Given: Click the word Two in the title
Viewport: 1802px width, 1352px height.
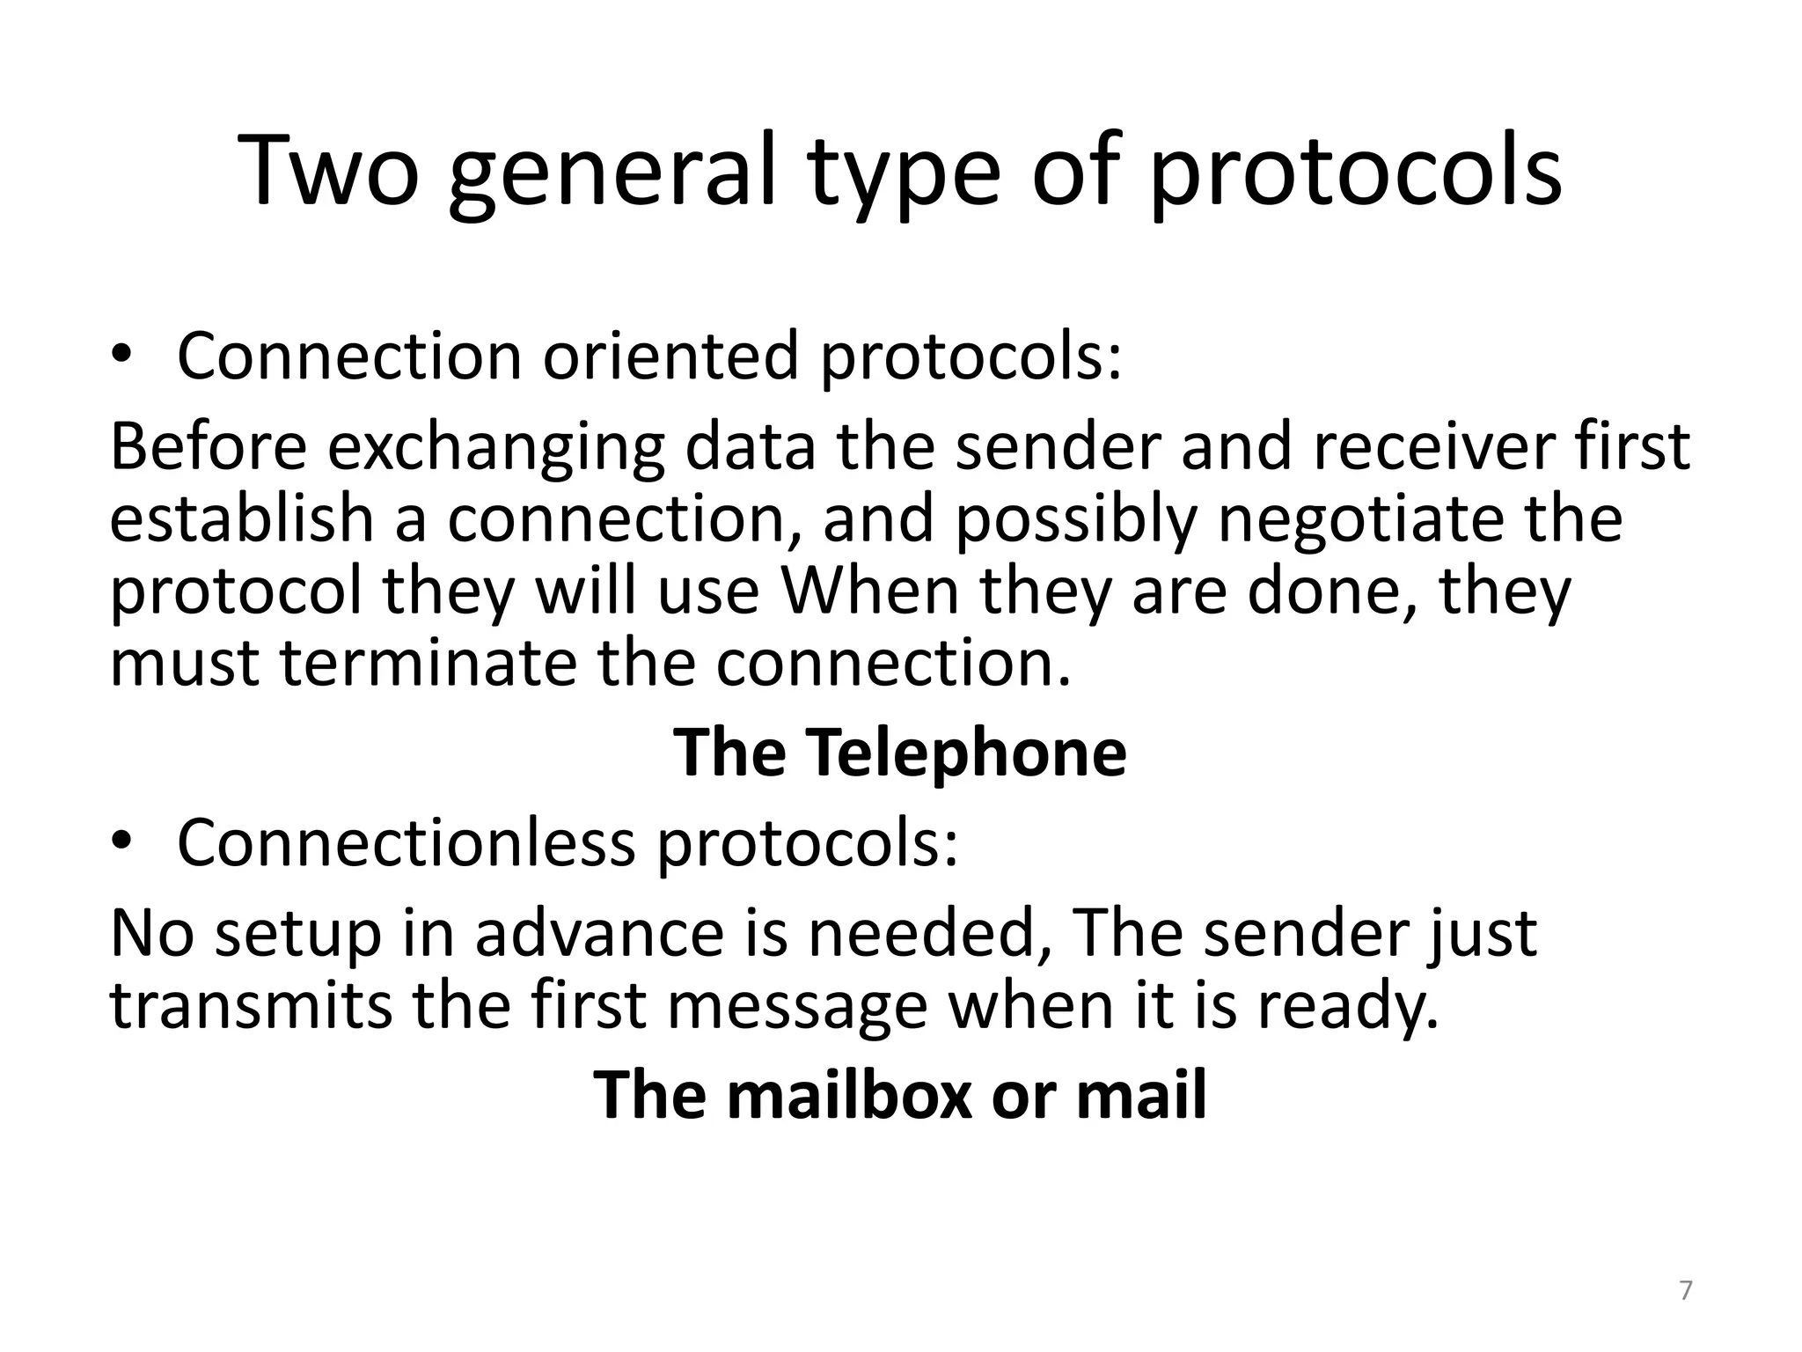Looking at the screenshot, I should (x=329, y=171).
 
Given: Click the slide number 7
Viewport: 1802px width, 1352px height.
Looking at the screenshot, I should (x=1685, y=1291).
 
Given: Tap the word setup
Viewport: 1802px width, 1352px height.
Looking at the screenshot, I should (x=298, y=936).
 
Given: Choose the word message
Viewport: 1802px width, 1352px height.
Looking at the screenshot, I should (x=797, y=1007).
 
